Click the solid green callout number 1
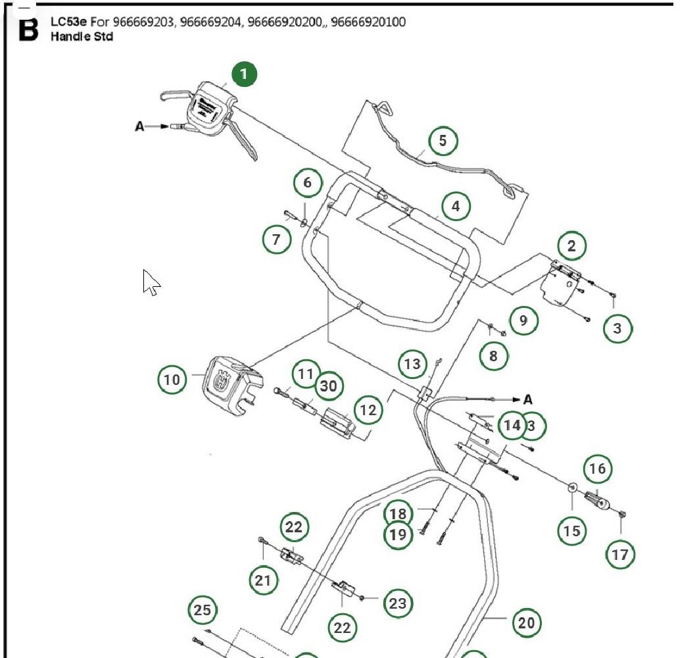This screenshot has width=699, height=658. pos(243,74)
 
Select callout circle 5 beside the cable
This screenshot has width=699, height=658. pos(443,140)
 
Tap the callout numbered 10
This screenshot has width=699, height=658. pos(172,380)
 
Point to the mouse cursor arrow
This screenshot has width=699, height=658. pos(151,282)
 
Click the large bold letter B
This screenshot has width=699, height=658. pos(28,29)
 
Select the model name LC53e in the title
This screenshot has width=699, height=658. pos(68,22)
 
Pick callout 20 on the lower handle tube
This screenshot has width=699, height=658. pos(527,622)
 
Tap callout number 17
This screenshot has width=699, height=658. pos(620,555)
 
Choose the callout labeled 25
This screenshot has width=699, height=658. pos(203,611)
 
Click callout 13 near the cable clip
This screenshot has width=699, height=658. pos(412,364)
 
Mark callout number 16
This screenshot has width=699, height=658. pos(597,468)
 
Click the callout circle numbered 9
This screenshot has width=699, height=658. pos(523,320)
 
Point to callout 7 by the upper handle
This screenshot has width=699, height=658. pos(276,240)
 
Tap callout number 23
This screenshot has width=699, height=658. pos(397,603)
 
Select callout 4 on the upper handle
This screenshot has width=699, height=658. pos(456,206)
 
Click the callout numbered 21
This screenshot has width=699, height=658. pos(263,580)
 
